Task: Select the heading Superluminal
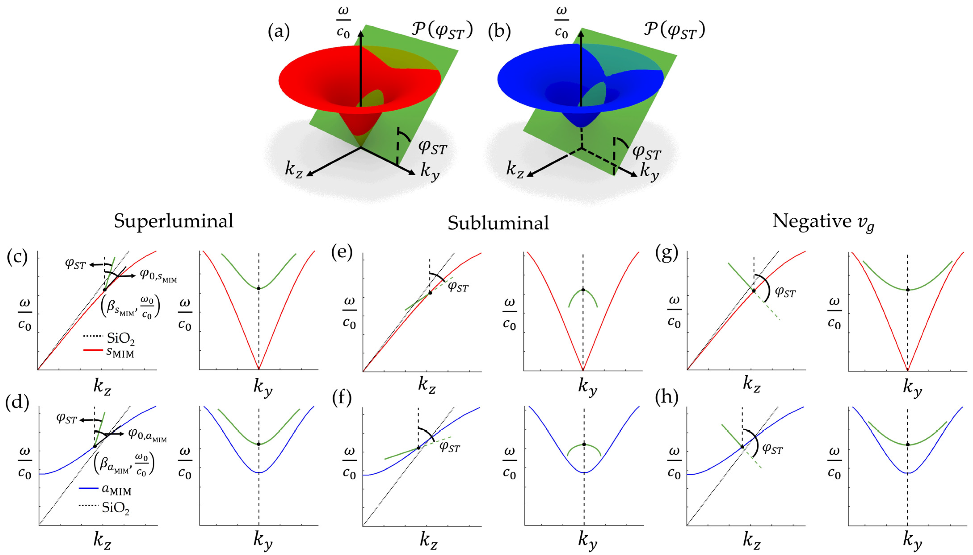(173, 221)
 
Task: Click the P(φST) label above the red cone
(442, 30)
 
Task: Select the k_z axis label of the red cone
(294, 169)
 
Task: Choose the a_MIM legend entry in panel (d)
(116, 490)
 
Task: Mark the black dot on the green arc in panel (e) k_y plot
(583, 290)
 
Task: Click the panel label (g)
(666, 254)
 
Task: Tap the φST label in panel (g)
(786, 292)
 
